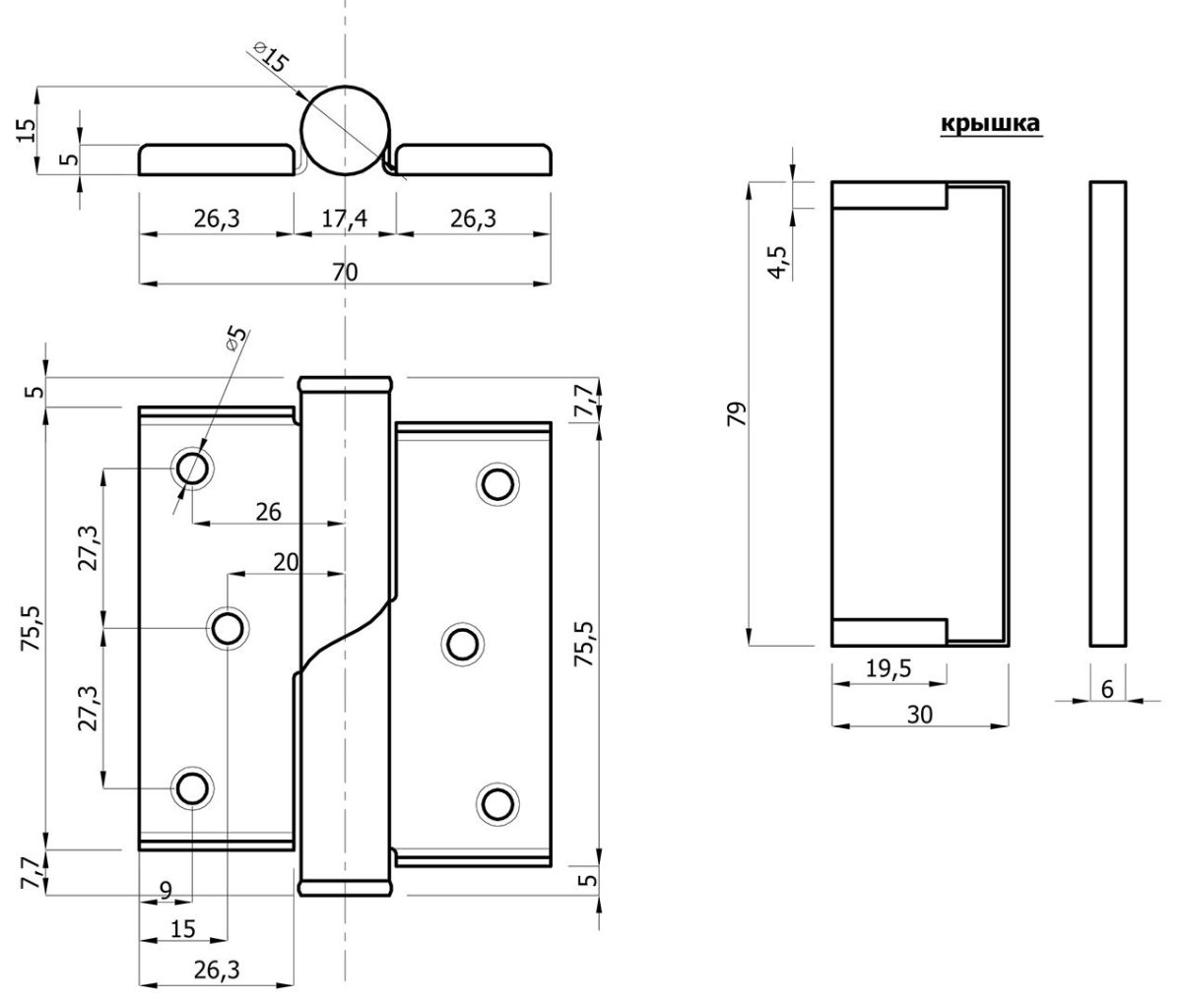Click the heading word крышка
990,123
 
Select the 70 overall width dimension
345,273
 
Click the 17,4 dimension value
345,219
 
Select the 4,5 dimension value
778,263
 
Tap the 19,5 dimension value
888,668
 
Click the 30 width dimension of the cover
920,715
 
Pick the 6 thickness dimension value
1108,690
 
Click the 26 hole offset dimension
268,512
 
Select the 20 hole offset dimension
286,562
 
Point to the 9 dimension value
165,890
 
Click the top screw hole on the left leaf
192,469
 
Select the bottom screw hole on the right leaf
497,804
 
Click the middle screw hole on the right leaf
463,645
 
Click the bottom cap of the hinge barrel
346,888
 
